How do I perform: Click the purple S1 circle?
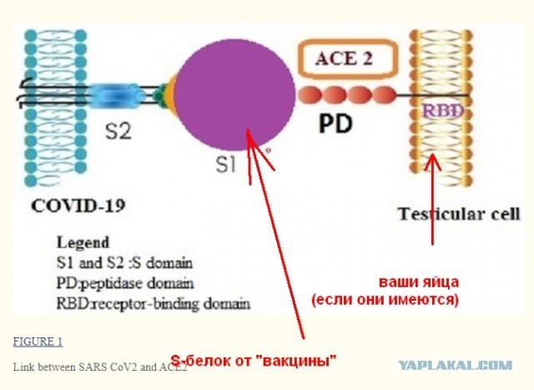pyautogui.click(x=234, y=94)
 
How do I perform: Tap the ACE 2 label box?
pyautogui.click(x=348, y=59)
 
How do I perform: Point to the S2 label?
pyautogui.click(x=118, y=131)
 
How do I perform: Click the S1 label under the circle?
pyautogui.click(x=226, y=165)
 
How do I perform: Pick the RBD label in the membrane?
pyautogui.click(x=443, y=110)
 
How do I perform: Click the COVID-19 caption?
pyautogui.click(x=78, y=206)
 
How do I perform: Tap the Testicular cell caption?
pyautogui.click(x=459, y=214)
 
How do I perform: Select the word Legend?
pyautogui.click(x=83, y=243)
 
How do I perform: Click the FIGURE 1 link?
pyautogui.click(x=38, y=342)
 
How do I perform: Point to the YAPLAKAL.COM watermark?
pyautogui.click(x=456, y=366)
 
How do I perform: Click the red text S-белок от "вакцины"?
pyautogui.click(x=253, y=360)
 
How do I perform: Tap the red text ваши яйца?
pyautogui.click(x=419, y=282)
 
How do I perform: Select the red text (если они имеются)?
pyautogui.click(x=385, y=300)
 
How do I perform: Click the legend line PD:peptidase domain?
pyautogui.click(x=125, y=283)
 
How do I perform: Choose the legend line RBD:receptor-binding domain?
pyautogui.click(x=154, y=303)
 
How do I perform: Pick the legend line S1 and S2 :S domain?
pyautogui.click(x=124, y=263)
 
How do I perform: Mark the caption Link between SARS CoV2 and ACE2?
pyautogui.click(x=100, y=367)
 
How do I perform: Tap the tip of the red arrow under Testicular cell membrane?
pyautogui.click(x=432, y=154)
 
